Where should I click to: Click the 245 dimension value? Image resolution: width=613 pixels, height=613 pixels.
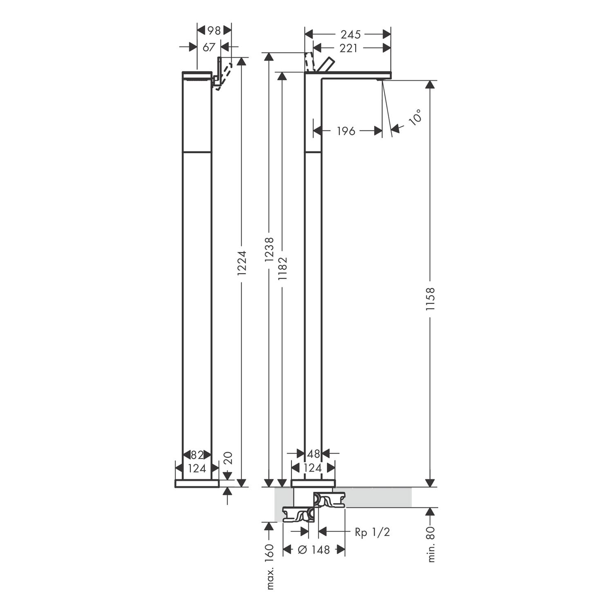pyautogui.click(x=351, y=34)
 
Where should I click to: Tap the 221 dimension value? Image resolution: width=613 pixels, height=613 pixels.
pyautogui.click(x=349, y=48)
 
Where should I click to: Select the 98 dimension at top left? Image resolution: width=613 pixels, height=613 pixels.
pyautogui.click(x=214, y=30)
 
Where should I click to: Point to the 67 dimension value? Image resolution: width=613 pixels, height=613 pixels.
pyautogui.click(x=209, y=47)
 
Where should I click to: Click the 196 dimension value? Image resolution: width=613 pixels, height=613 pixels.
pyautogui.click(x=346, y=131)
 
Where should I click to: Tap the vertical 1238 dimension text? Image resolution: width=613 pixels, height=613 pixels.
pyautogui.click(x=269, y=249)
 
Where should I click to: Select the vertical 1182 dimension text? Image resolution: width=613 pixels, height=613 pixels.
pyautogui.click(x=282, y=268)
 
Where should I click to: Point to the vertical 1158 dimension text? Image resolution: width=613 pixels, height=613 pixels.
pyautogui.click(x=430, y=300)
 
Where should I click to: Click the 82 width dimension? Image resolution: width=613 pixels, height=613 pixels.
pyautogui.click(x=197, y=455)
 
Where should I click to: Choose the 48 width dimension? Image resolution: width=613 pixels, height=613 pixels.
pyautogui.click(x=313, y=454)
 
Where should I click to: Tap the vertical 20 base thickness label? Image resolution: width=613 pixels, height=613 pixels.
pyautogui.click(x=228, y=458)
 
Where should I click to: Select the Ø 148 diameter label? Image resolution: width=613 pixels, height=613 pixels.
pyautogui.click(x=314, y=550)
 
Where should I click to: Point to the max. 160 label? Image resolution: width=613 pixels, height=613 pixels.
pyautogui.click(x=269, y=566)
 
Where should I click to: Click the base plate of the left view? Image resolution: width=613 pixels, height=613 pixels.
pyautogui.click(x=197, y=483)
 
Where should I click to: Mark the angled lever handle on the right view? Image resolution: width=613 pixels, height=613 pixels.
pyautogui.click(x=326, y=65)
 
